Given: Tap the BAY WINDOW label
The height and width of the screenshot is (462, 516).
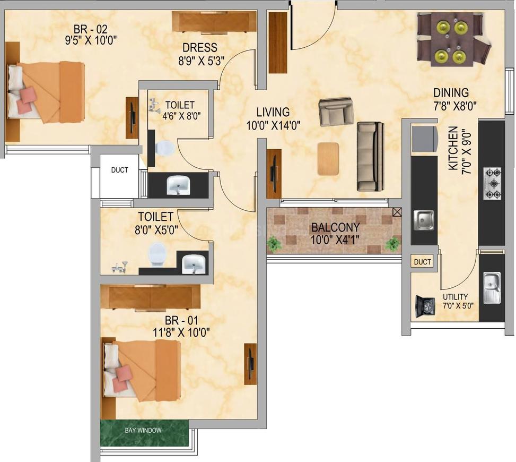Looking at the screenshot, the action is click(143, 430).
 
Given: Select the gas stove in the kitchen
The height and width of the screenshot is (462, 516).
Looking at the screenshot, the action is click(492, 184).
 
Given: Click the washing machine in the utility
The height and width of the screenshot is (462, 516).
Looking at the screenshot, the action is click(425, 306).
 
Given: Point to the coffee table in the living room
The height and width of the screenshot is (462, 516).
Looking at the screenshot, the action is click(328, 158).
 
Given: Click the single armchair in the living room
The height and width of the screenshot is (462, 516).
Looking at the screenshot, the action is click(336, 112).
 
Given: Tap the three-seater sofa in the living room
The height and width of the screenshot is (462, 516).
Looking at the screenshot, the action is click(371, 156).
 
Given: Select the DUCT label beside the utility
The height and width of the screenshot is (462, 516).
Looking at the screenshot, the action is click(423, 262).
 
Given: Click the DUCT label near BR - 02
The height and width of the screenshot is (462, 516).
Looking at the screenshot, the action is click(119, 170).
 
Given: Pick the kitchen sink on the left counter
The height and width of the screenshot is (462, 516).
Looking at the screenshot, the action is click(424, 220).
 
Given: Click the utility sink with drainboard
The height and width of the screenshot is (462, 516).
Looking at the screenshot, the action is click(492, 287).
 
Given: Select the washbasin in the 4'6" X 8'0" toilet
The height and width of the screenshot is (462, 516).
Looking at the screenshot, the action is click(178, 185).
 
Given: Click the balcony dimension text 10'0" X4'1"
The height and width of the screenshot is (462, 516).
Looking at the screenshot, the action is click(335, 239).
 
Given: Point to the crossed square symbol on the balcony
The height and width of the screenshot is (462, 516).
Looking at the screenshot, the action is click(397, 212).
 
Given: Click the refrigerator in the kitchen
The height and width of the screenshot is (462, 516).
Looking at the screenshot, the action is click(424, 138).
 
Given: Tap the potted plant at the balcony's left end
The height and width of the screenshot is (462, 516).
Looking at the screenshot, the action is click(274, 244).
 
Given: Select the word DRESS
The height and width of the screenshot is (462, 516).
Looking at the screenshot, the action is click(200, 48).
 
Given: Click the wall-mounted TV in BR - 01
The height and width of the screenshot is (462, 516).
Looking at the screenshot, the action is click(250, 363).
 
